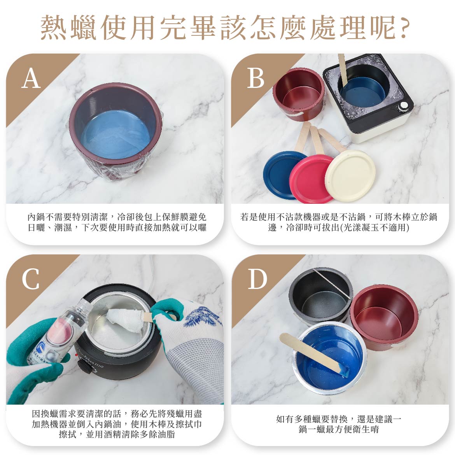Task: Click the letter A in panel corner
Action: pyautogui.click(x=31, y=78)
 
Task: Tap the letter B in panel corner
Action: pyautogui.click(x=255, y=78)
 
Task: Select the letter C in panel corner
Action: pyautogui.click(x=31, y=279)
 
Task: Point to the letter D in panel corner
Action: pyautogui.click(x=257, y=279)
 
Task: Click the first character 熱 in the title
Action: pyautogui.click(x=54, y=28)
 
